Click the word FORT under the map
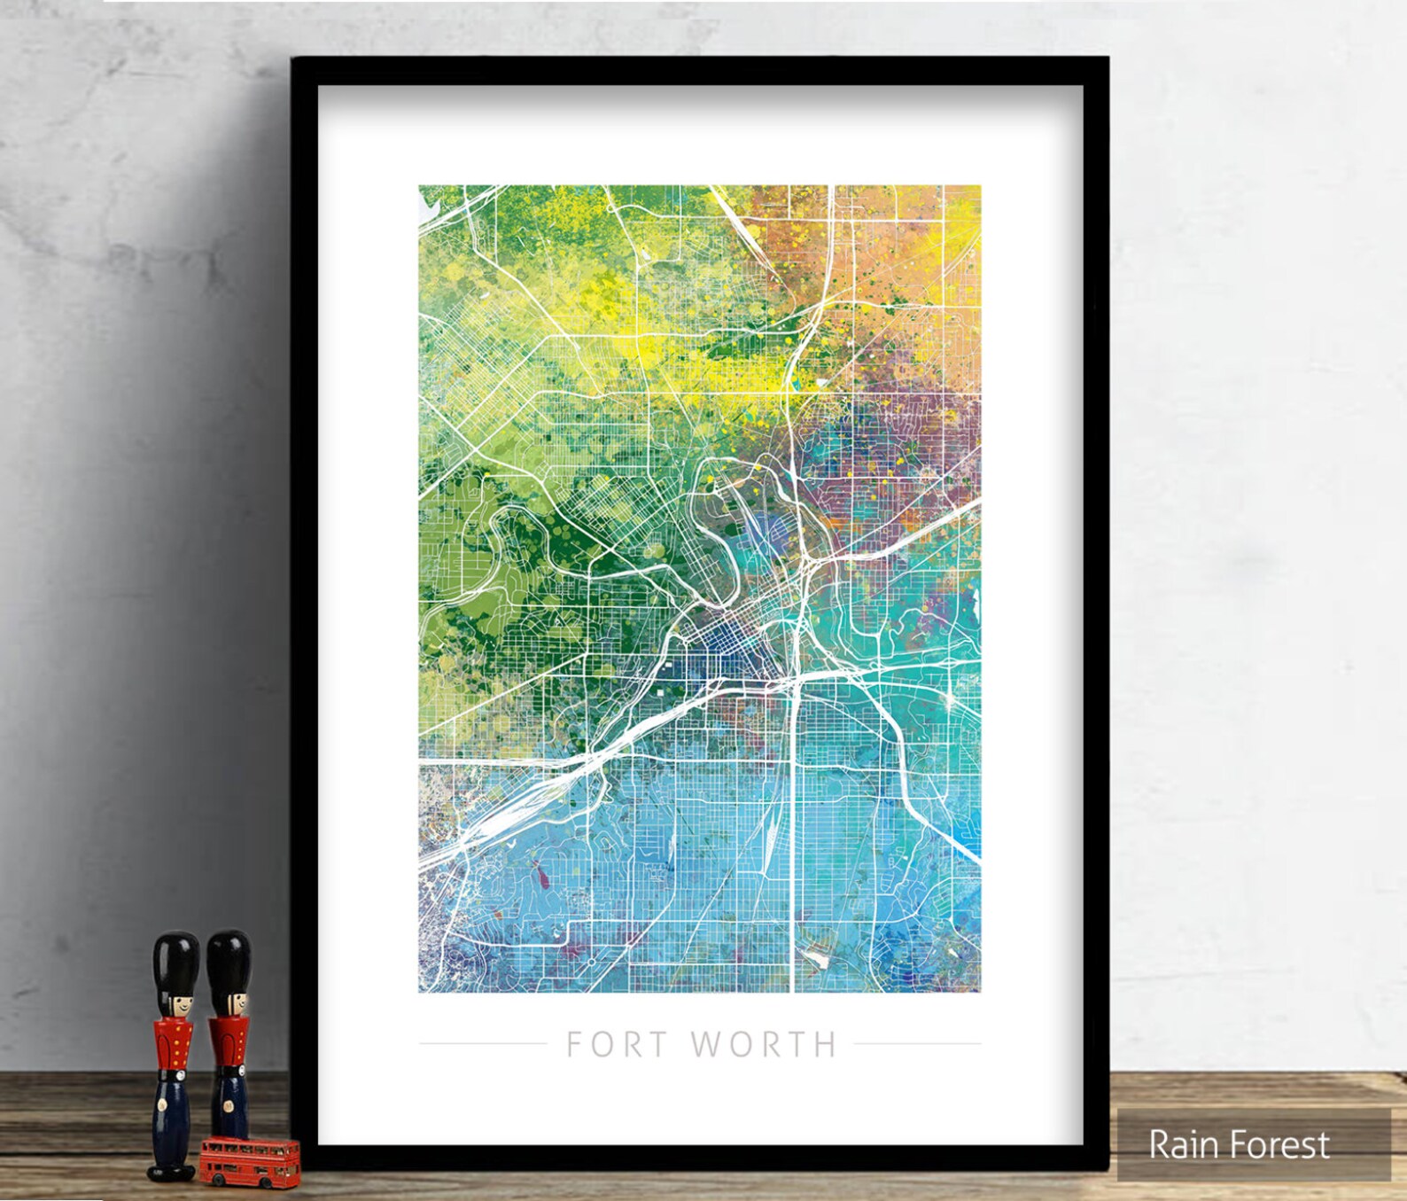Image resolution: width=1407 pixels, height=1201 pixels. pos(617,1045)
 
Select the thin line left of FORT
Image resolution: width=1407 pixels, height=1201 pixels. pos(482,1043)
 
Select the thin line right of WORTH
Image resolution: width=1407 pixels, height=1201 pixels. pos(918,1043)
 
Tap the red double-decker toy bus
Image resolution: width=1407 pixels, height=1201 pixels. pos(249,1160)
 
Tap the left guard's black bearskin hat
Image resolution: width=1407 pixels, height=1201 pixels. pos(175,963)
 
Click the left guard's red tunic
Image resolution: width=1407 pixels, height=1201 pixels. pos(174,1046)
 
